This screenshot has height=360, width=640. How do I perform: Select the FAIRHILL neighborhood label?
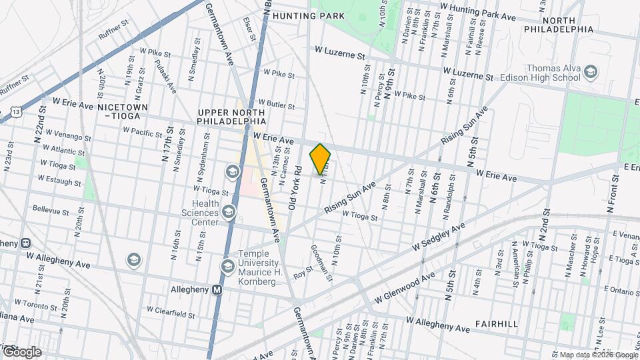point(497,323)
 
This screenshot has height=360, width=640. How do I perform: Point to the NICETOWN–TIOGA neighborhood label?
point(119,111)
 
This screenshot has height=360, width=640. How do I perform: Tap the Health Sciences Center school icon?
point(229,212)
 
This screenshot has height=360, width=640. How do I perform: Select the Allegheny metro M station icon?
point(217,290)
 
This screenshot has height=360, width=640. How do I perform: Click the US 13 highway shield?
point(15,113)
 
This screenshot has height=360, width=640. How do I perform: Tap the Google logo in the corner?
point(21,351)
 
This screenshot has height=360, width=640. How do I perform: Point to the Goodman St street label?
point(321,262)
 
